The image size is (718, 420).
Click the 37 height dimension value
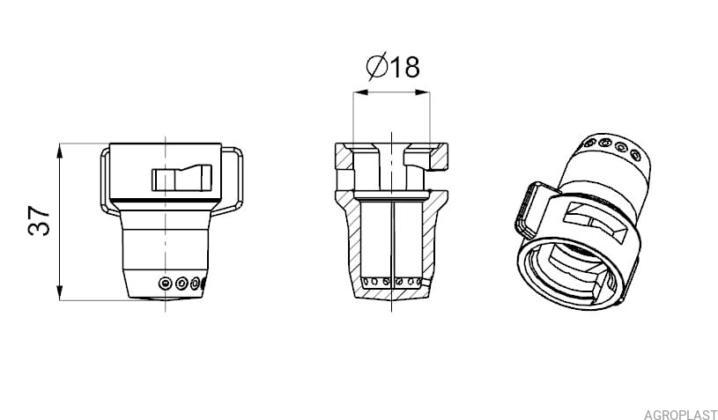click(x=39, y=221)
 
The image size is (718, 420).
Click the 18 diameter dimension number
click(x=404, y=67)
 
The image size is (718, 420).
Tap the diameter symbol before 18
click(x=377, y=66)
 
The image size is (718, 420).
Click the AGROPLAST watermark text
click(x=680, y=415)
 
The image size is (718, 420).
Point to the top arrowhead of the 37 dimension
click(x=60, y=151)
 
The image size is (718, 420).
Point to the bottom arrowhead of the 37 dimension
click(x=60, y=293)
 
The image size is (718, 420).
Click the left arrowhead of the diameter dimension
click(x=361, y=92)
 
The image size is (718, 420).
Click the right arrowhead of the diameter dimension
click(x=422, y=92)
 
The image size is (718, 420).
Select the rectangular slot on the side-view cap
click(x=181, y=178)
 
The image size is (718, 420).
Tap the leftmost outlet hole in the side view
click(x=165, y=284)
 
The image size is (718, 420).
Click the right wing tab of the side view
click(x=233, y=181)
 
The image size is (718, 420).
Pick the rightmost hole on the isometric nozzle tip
click(x=636, y=155)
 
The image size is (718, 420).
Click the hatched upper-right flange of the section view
click(x=438, y=158)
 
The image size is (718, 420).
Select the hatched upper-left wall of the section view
click(x=344, y=157)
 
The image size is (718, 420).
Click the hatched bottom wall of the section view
click(x=391, y=293)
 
